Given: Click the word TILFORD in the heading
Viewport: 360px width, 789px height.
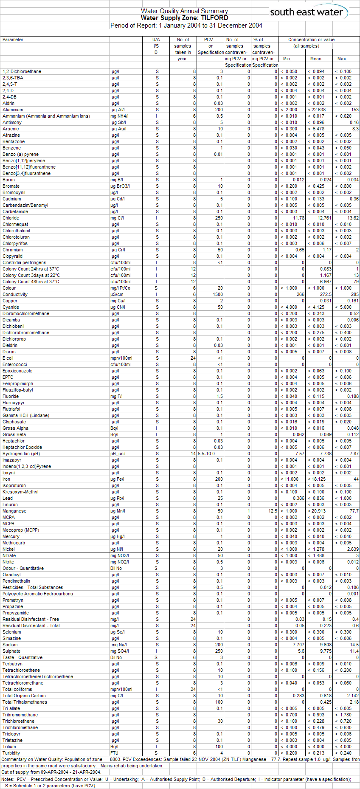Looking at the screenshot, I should [214, 18].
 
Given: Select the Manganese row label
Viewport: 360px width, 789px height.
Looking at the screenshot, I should [14, 511].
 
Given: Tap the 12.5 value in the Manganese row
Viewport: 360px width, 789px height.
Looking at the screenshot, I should [273, 511].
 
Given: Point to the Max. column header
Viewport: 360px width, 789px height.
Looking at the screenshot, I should [342, 59].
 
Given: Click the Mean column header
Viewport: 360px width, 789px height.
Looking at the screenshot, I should [315, 59].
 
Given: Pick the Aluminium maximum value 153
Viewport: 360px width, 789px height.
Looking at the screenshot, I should [354, 110].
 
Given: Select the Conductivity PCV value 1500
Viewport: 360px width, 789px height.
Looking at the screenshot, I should [218, 294].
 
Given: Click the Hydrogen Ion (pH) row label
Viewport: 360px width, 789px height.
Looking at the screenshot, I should [21, 454].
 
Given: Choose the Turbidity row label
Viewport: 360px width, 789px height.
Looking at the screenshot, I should [11, 753].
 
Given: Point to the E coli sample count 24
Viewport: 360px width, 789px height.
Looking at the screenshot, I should [193, 358].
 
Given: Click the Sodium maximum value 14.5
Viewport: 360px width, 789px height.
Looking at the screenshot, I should [354, 645].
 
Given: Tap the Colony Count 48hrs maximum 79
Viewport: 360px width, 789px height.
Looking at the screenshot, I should [356, 282].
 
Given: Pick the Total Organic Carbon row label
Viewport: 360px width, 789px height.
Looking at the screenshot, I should [24, 696].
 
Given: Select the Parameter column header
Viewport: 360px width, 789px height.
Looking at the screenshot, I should [13, 39].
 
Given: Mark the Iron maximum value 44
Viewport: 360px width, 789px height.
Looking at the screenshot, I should [356, 479].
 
